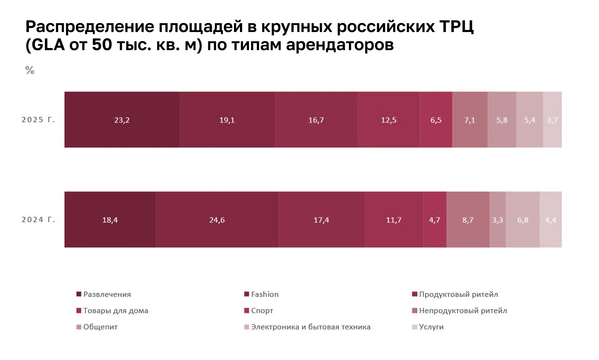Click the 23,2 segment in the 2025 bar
[122, 120]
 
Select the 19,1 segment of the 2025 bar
[227, 120]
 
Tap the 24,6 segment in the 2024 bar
[217, 220]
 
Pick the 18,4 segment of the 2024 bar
[110, 220]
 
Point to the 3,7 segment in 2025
[552, 120]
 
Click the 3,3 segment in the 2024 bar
[498, 220]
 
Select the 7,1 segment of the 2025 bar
[470, 120]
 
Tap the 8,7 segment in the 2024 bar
[468, 220]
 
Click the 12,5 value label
[389, 120]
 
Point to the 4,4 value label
[551, 220]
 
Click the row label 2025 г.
[38, 120]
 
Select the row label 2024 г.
[38, 220]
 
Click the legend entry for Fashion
[265, 295]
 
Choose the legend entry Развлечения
[107, 295]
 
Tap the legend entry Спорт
[262, 311]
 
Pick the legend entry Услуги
[431, 327]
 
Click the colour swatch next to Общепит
[79, 327]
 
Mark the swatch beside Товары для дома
[79, 311]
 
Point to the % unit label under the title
[30, 70]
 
